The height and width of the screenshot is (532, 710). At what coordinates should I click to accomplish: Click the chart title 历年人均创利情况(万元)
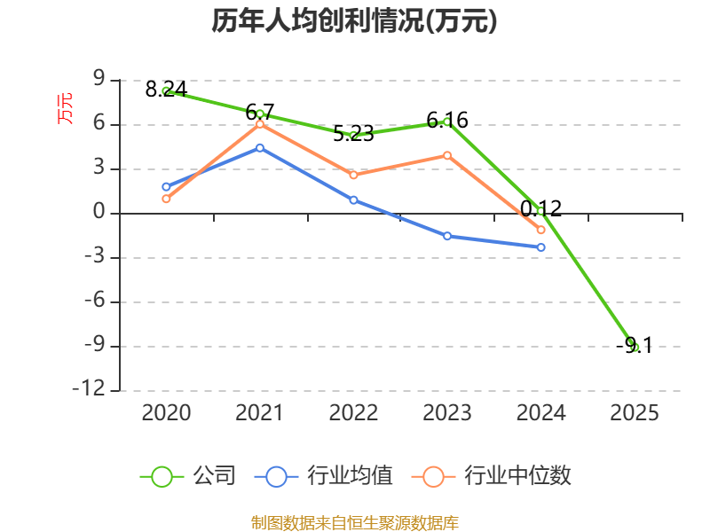tap(354, 20)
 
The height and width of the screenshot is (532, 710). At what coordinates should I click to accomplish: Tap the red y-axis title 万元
tap(64, 108)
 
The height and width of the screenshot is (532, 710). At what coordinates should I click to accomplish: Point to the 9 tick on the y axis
tap(99, 79)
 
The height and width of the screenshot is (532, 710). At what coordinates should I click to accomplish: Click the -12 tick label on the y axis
tap(89, 389)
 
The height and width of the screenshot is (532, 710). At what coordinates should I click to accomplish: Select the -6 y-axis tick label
tap(95, 301)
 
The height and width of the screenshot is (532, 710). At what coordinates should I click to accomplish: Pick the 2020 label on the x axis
tap(166, 412)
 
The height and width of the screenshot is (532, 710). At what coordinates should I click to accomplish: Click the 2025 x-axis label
tap(635, 412)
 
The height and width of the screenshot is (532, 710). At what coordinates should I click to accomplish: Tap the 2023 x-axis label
tap(447, 412)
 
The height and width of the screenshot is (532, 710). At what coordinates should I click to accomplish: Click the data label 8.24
tap(166, 90)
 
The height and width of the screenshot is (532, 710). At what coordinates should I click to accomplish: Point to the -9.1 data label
tap(635, 346)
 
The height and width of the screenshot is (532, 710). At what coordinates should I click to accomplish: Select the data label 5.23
tap(353, 134)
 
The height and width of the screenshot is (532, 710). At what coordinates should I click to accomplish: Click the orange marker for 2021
tap(260, 124)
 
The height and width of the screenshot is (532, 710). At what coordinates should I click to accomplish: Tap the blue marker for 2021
tap(260, 148)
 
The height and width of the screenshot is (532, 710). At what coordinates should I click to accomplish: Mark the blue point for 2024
tap(540, 247)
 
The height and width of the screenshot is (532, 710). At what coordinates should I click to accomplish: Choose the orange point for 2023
tap(447, 156)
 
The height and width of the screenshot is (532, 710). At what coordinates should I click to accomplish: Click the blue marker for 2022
tap(353, 200)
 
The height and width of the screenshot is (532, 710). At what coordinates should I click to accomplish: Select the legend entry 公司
tap(188, 476)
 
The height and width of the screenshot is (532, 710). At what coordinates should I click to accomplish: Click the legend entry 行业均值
tap(324, 476)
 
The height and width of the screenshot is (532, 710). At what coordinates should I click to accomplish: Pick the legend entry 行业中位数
tap(492, 476)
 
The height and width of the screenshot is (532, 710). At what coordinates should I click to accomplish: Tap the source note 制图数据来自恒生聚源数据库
tap(355, 522)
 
